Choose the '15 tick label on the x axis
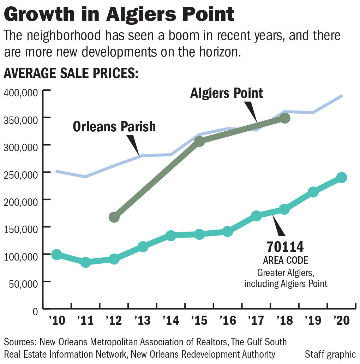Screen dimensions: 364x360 pos(199,320)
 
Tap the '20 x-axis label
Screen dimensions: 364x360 pos(341,320)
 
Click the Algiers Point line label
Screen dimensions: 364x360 pos(227,93)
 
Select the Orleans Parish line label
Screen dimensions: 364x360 pos(114,126)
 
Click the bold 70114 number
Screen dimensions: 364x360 pos(285,246)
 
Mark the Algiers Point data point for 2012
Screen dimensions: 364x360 pos(114,217)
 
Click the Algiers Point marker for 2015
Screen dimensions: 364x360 pos(199,141)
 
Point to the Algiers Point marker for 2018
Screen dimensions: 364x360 pos(285,118)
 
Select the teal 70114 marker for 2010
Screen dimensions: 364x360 pos(56,255)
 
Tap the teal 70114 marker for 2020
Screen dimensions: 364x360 pos(341,177)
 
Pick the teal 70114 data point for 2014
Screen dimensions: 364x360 pos(171,235)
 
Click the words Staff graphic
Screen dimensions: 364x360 pos(330,354)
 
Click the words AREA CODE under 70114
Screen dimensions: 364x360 pos(286,261)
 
